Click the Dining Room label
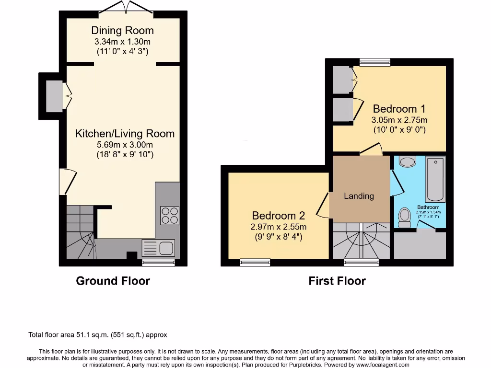(122, 31)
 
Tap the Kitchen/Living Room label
(125, 134)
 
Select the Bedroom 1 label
(399, 109)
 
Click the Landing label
(359, 195)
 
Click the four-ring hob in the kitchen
(169, 215)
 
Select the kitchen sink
(159, 248)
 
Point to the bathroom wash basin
(407, 161)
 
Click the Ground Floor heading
(113, 281)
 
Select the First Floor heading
(337, 281)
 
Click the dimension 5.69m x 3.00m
(125, 145)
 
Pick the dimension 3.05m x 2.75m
(399, 120)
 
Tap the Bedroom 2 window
(255, 262)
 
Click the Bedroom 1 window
(375, 61)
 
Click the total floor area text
(98, 335)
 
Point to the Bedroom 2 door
(323, 206)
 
